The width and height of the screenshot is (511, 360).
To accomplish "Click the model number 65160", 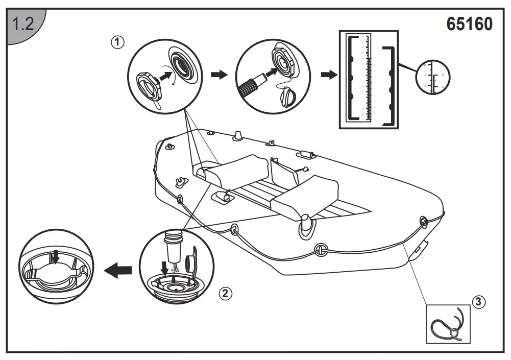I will (469, 24).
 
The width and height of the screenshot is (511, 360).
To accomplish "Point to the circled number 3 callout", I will (478, 302).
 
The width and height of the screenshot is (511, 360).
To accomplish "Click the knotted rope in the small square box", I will (448, 325).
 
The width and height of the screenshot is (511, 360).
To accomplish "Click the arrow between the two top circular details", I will (219, 75).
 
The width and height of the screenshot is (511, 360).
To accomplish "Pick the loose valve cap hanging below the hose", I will (288, 95).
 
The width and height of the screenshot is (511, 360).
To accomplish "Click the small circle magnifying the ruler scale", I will (433, 77).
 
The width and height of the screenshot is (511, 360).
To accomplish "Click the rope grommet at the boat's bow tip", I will (423, 221).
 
